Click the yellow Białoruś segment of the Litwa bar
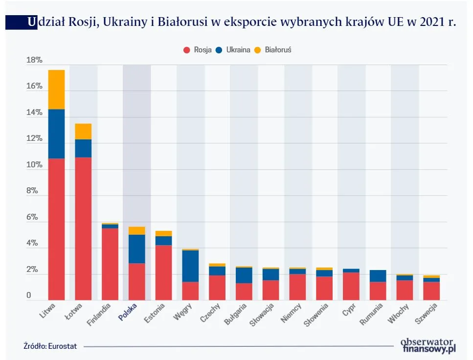coord(56,90)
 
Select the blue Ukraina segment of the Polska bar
coord(136,249)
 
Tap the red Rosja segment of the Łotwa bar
coord(83,228)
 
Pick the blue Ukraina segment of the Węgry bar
coord(190,266)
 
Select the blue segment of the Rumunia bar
coord(378,276)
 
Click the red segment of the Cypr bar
coord(351,286)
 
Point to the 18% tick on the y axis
coord(34,60)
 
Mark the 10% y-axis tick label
coord(34,165)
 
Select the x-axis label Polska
coord(128,312)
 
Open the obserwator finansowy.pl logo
coord(428,345)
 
